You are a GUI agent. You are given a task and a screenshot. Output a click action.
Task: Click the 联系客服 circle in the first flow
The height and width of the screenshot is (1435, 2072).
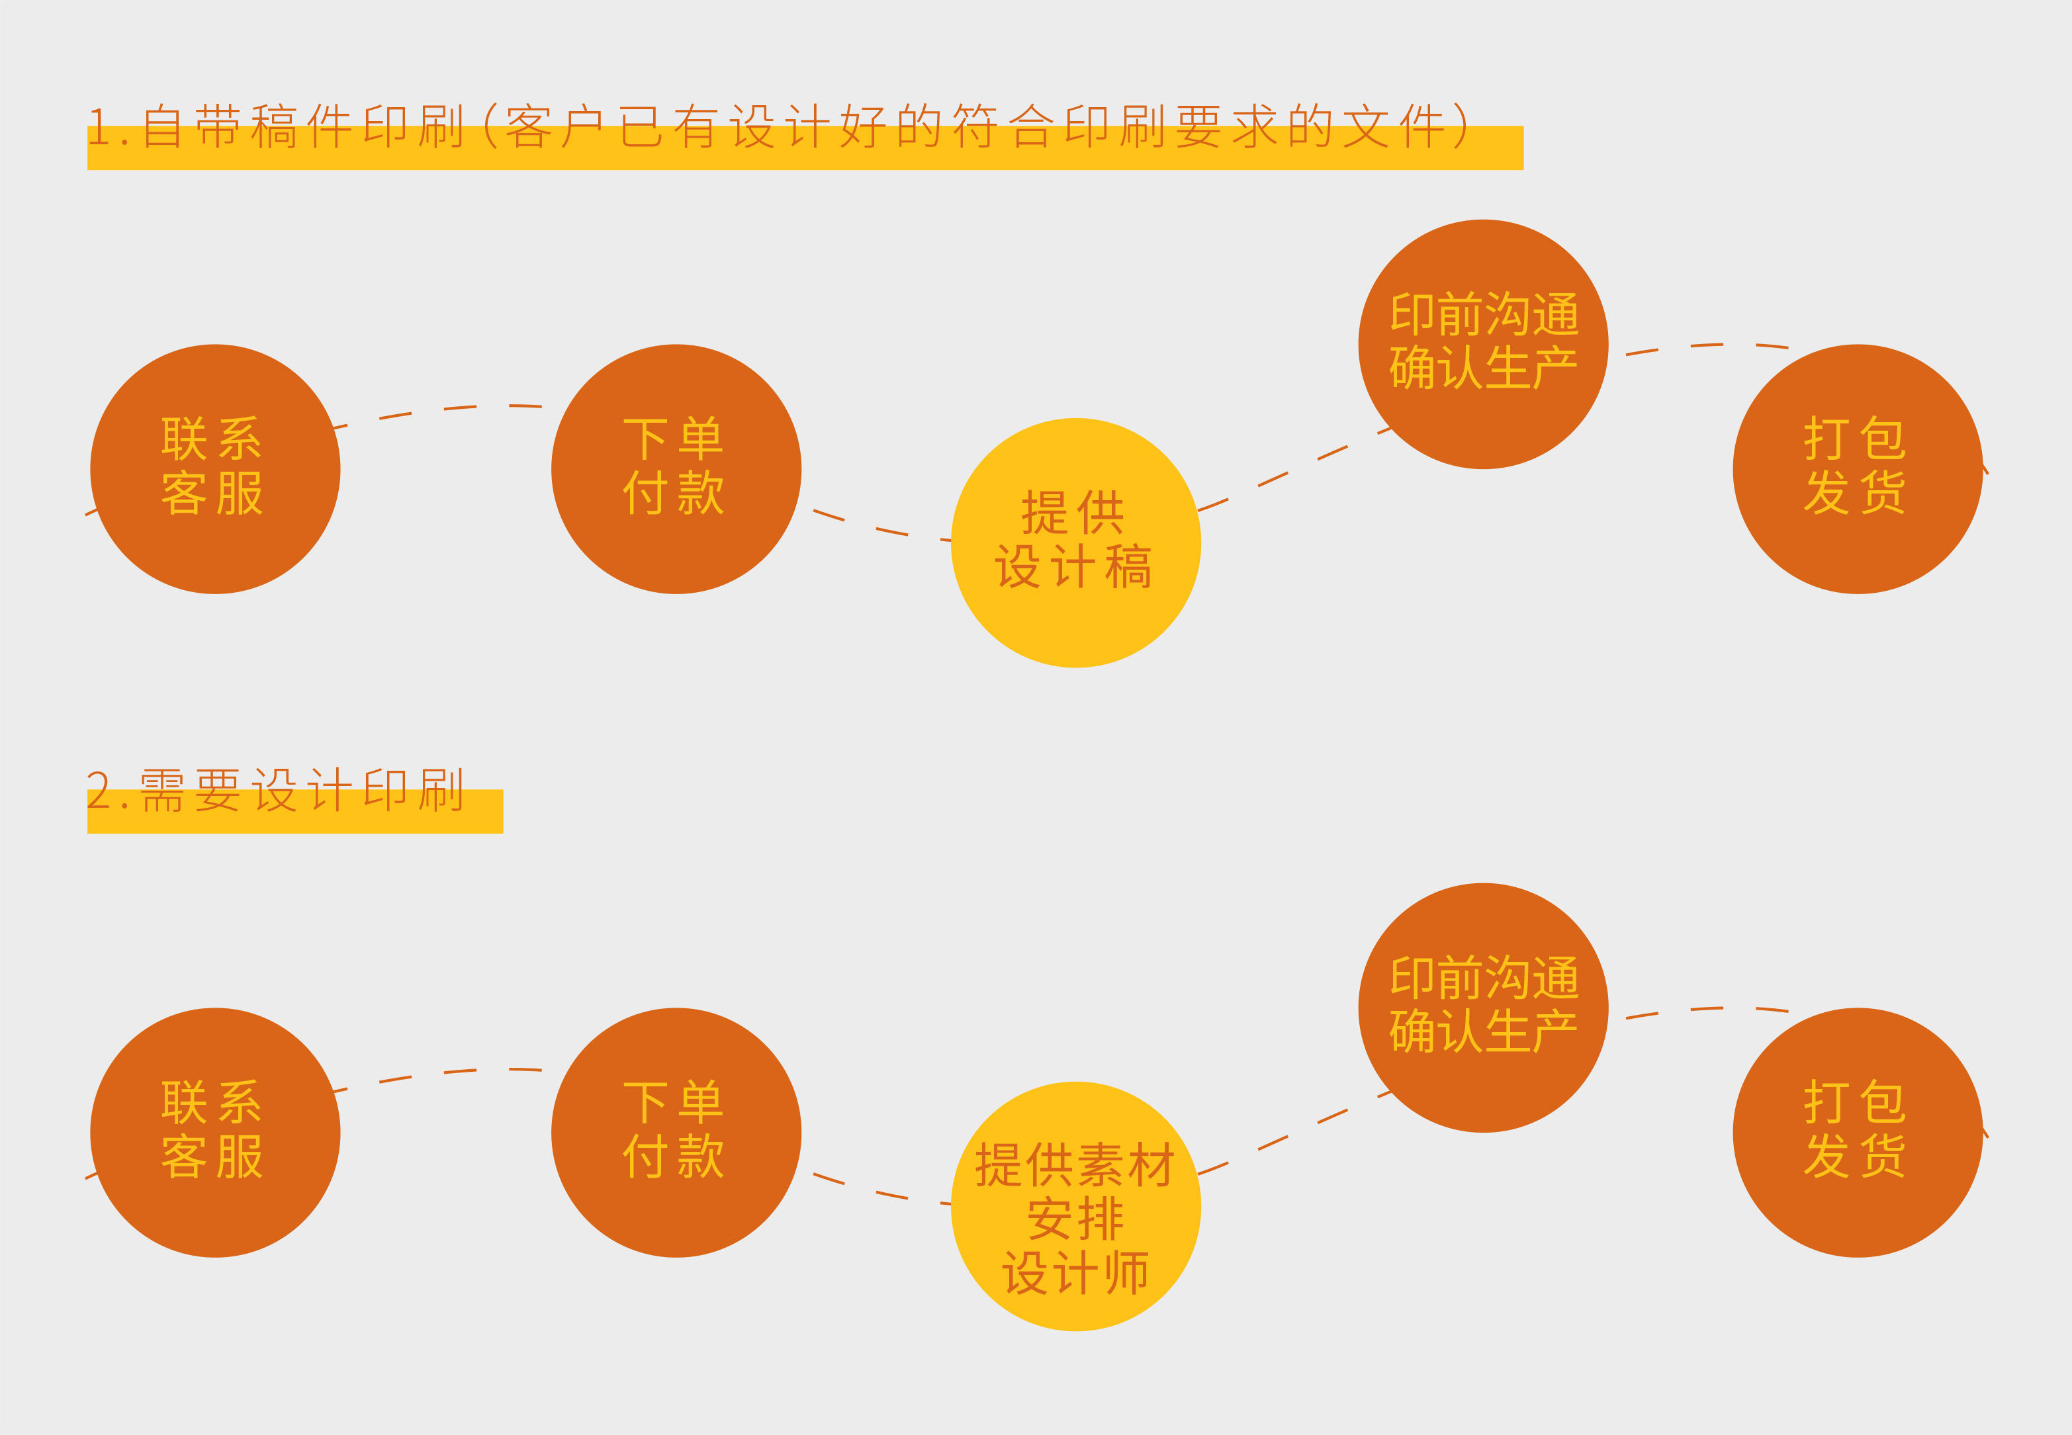point(215,468)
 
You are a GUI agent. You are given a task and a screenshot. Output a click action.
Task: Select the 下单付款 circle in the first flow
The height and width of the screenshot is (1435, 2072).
point(676,468)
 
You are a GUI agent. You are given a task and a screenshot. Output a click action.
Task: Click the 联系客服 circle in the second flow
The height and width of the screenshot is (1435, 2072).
point(215,1132)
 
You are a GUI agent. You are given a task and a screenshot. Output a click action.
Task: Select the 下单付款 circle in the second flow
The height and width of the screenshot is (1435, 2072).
point(676,1132)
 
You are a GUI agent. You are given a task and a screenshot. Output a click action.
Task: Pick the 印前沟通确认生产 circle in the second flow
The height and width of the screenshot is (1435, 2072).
point(1483,1007)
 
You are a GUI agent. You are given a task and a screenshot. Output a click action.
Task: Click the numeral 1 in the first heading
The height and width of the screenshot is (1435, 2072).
point(99,128)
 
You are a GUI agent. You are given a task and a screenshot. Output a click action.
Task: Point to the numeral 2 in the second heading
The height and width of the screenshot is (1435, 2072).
point(99,791)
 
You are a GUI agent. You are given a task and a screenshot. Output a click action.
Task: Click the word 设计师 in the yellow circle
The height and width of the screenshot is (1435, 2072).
point(1075,1272)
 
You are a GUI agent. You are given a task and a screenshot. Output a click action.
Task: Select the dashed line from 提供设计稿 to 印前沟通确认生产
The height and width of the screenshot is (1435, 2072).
point(1288,473)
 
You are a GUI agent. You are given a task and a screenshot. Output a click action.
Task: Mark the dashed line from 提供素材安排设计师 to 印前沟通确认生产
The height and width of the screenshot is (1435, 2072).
point(1288,1137)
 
